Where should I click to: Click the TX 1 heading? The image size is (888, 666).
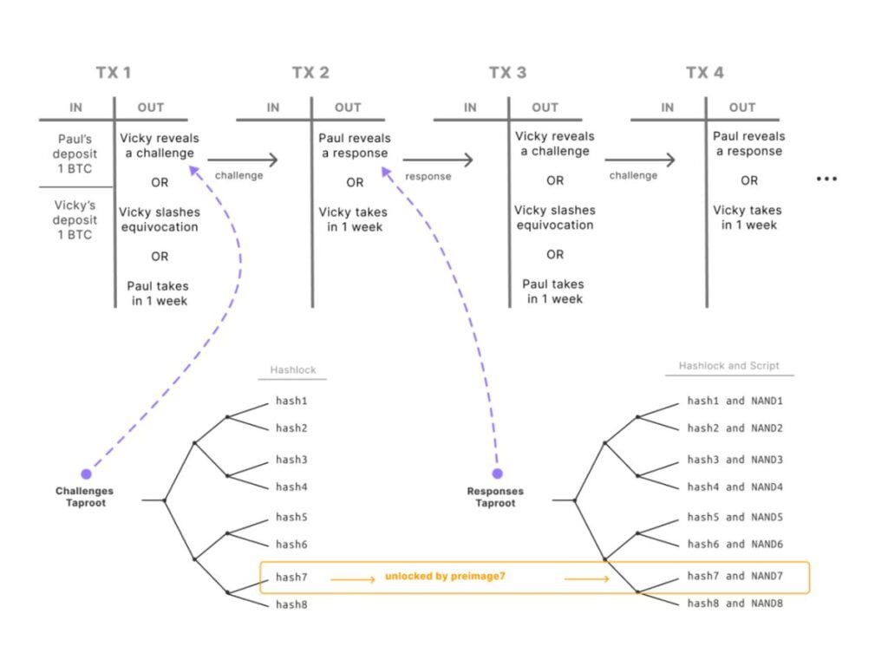[x=114, y=73]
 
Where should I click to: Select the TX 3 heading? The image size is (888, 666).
[x=507, y=73]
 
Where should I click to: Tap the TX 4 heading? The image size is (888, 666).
[x=704, y=73]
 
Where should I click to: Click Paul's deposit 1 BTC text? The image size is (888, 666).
[x=75, y=153]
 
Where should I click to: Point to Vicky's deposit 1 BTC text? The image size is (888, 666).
[x=75, y=219]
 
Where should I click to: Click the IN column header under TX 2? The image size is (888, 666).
[x=273, y=108]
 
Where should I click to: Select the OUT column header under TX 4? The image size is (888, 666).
[x=742, y=108]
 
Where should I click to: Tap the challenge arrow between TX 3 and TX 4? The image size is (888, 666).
[x=641, y=160]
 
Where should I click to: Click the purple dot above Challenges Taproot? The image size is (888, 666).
[x=86, y=474]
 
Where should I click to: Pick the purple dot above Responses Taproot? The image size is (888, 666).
[x=497, y=474]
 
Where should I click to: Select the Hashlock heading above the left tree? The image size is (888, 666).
[x=292, y=369]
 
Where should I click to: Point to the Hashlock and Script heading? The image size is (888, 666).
[x=728, y=366]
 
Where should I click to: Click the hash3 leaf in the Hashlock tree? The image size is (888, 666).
[x=291, y=460]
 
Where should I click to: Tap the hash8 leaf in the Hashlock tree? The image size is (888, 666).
[x=291, y=604]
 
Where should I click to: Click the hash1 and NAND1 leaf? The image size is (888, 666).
[x=735, y=402]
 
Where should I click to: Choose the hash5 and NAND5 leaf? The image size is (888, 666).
[x=735, y=517]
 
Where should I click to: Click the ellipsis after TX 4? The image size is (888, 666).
[x=826, y=180]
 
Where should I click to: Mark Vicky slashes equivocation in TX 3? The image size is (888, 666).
[x=554, y=218]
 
